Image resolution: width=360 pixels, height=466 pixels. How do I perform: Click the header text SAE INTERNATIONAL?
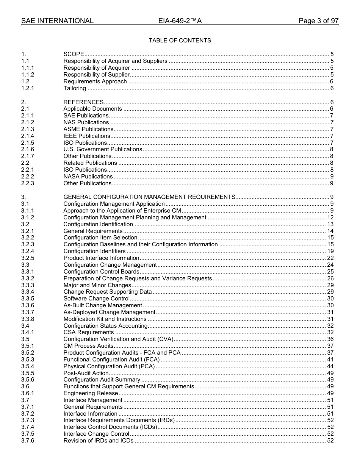click(x=57, y=21)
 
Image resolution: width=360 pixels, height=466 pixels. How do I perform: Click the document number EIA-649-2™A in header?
click(x=180, y=21)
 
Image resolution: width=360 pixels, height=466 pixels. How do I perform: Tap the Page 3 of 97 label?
click(x=318, y=21)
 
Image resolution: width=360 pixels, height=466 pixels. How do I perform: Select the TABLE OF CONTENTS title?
click(x=180, y=41)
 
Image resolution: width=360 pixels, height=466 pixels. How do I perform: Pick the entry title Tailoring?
click(x=75, y=88)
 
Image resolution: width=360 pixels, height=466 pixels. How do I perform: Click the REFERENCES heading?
click(x=83, y=102)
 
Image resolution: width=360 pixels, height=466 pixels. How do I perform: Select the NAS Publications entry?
click(x=86, y=122)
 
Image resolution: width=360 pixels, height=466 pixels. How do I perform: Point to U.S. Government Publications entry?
click(x=103, y=149)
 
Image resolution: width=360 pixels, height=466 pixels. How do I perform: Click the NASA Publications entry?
click(x=88, y=177)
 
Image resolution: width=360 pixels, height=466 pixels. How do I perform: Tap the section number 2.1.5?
click(x=27, y=143)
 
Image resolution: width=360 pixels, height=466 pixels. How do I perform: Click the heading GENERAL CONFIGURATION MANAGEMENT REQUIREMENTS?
click(x=149, y=197)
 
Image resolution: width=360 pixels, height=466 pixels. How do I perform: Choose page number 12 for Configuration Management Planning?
click(x=330, y=217)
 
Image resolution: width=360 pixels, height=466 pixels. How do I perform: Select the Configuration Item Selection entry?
click(x=100, y=238)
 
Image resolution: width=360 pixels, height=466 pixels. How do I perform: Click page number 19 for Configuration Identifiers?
click(x=330, y=251)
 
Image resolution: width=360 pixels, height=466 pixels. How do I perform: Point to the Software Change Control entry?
click(x=97, y=299)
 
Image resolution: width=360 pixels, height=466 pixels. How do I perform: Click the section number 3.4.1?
click(x=27, y=332)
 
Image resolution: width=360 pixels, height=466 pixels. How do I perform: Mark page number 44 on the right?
click(x=330, y=366)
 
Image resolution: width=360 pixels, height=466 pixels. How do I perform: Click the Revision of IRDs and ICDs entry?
click(x=99, y=441)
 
